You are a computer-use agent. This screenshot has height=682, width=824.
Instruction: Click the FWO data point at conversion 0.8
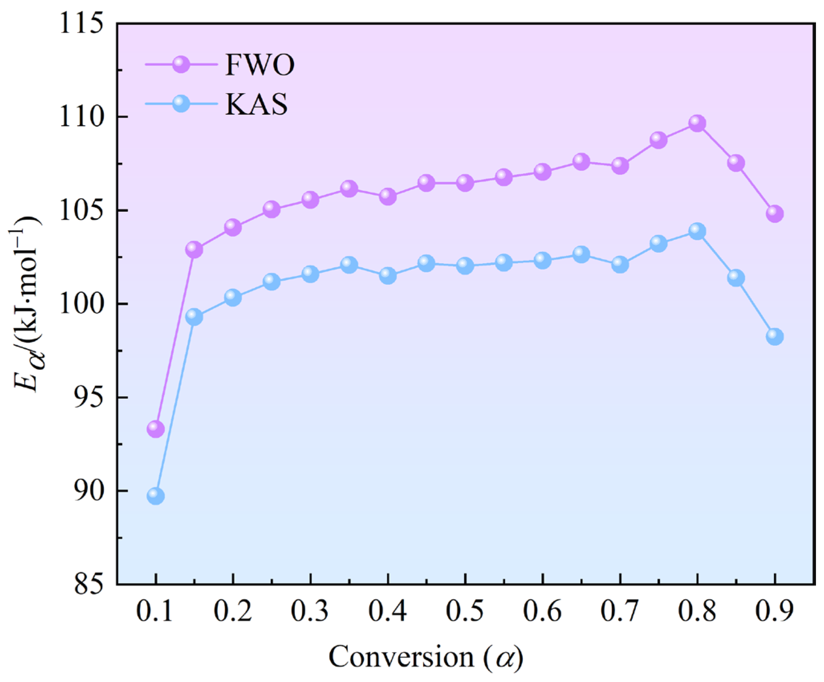[x=697, y=123]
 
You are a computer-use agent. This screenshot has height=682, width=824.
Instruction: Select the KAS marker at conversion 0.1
[x=156, y=496]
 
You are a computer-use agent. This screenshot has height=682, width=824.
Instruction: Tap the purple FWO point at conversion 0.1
[x=156, y=429]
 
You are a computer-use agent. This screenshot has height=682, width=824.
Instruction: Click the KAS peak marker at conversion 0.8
[x=697, y=231]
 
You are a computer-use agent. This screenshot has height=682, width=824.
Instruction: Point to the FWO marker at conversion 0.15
[x=194, y=250]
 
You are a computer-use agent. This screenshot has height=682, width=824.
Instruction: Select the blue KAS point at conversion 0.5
[x=465, y=266]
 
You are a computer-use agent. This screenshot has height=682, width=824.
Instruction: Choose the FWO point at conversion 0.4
[x=388, y=197]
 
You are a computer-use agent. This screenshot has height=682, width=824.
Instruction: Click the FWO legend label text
[x=260, y=65]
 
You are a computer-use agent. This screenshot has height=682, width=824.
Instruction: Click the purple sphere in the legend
[x=181, y=64]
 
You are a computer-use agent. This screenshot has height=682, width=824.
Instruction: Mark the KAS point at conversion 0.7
[x=620, y=264]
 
